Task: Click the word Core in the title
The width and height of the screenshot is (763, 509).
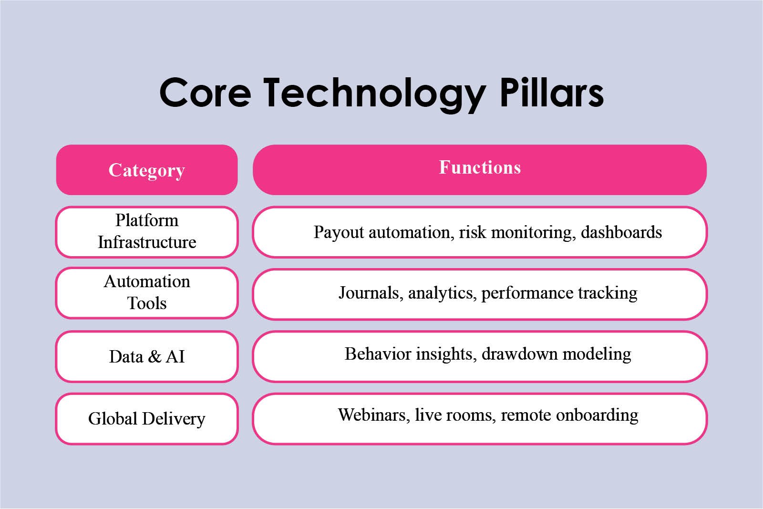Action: coord(206,93)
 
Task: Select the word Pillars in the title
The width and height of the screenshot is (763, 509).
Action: coord(551,92)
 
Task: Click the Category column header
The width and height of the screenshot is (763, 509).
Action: coord(147,170)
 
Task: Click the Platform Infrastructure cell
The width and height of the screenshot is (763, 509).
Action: coord(147,232)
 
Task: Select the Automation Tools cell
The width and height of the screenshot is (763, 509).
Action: coord(147,293)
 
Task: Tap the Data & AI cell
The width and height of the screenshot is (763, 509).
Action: coord(147,356)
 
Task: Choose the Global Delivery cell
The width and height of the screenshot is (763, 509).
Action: coord(147,419)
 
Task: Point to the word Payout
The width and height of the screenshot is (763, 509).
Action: coord(339,233)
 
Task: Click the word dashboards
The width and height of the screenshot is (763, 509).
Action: coord(621,232)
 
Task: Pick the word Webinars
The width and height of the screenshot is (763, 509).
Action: coord(374,415)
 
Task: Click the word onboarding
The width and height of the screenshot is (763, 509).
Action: coord(597,416)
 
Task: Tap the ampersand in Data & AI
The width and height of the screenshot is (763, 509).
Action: coord(155,357)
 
